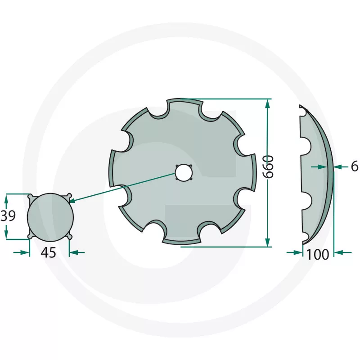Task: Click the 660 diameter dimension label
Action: coord(268,166)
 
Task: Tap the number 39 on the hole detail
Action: coord(8,216)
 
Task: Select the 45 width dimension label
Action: coord(48,252)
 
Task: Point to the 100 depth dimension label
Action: coord(318,255)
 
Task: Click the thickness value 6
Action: coord(354,166)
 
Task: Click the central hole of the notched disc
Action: coord(184,172)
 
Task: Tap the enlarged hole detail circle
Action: coord(50,217)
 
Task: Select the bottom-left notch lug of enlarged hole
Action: coord(31,237)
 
